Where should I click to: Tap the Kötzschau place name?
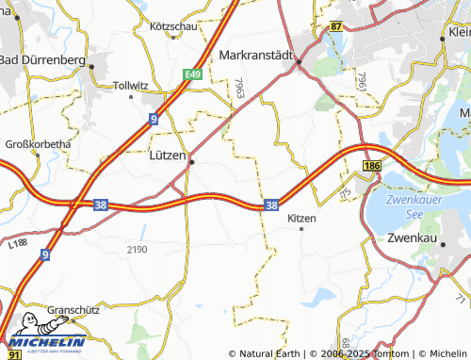pos(173,26)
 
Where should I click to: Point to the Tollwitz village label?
pos(131,85)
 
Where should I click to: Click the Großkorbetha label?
pos(39,144)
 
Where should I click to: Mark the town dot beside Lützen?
pos(191,162)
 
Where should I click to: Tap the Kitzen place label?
pos(301,218)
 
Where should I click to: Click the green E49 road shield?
pos(193,73)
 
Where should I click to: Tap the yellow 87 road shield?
pos(336,27)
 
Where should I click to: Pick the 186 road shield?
pos(370,166)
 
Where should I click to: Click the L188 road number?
pos(15,244)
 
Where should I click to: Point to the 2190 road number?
pos(138,249)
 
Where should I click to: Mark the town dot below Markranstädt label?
pos(299,64)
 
